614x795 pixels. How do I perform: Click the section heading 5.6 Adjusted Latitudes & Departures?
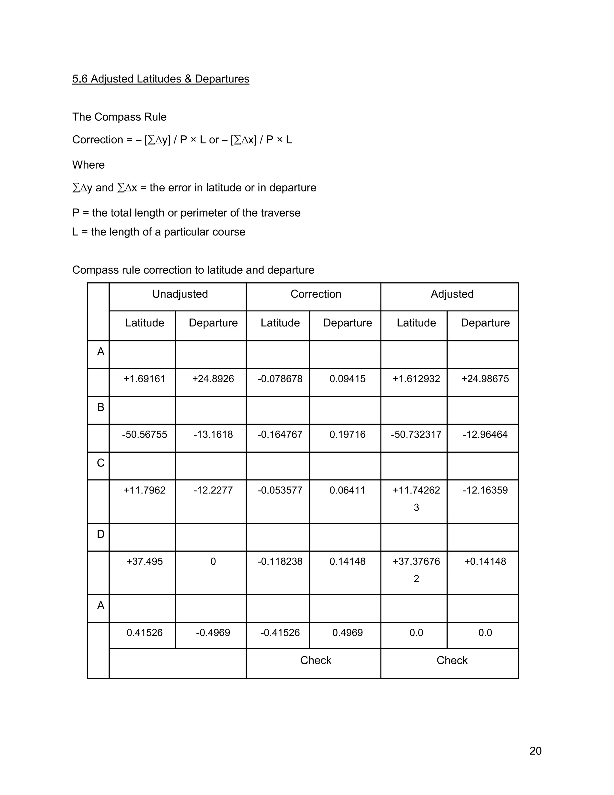coord(160,79)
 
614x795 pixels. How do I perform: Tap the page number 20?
coord(535,751)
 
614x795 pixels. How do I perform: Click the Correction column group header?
coord(315,294)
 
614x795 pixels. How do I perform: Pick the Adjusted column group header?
coord(452,294)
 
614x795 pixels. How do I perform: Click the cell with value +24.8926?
coord(213,379)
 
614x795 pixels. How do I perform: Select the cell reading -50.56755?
coord(145,434)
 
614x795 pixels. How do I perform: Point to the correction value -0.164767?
coord(280,434)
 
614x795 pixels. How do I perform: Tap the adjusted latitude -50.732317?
coord(416,434)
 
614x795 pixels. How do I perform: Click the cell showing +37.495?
coord(145,561)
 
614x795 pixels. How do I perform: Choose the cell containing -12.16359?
coord(485,490)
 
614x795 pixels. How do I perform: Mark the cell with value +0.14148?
coord(485,561)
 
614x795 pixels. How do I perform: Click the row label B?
coord(101,407)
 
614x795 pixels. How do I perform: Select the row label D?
coord(101,534)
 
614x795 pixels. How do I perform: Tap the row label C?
coord(101,463)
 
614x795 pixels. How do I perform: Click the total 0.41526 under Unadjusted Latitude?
coord(145,632)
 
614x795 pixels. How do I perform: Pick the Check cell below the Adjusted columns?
coord(452,660)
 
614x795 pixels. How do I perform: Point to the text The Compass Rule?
coord(119,117)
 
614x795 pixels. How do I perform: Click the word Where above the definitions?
coord(88,165)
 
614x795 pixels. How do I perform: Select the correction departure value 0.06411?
coord(347,490)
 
